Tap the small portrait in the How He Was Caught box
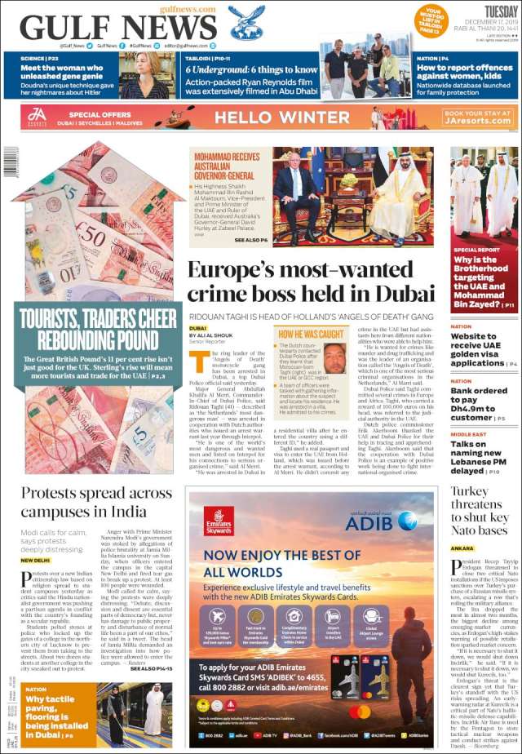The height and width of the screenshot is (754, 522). tap(334, 357)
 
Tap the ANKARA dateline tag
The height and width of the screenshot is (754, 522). tap(462, 548)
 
